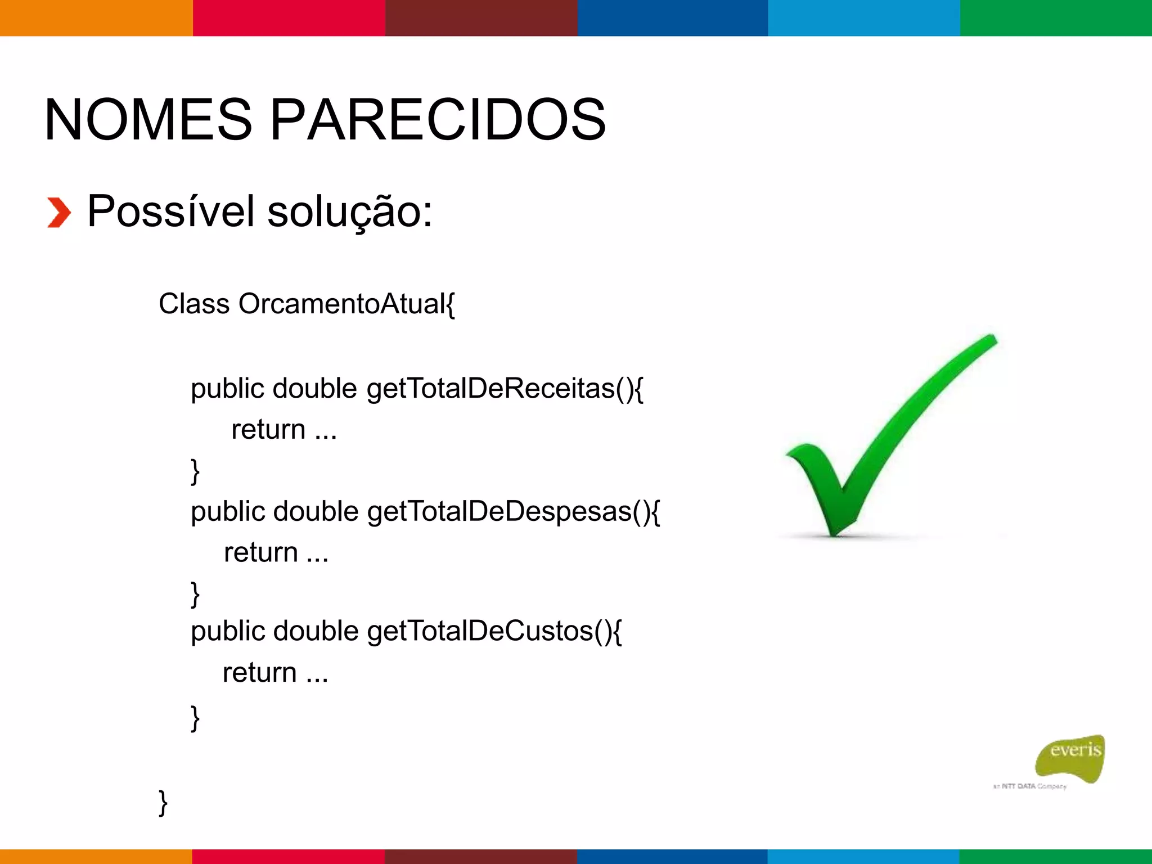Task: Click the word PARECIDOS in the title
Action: click(x=438, y=120)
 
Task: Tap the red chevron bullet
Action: click(x=58, y=213)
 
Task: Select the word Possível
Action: click(x=171, y=211)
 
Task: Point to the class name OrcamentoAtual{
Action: click(x=346, y=304)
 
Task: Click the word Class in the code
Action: click(x=194, y=304)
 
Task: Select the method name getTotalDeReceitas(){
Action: click(x=505, y=389)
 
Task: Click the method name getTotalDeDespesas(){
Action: click(x=513, y=512)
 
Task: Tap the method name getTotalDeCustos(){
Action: click(x=494, y=632)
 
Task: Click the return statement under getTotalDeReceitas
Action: click(x=284, y=430)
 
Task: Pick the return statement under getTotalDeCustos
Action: click(x=275, y=673)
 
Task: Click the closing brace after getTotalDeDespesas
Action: click(x=195, y=594)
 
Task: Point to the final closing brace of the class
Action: click(x=163, y=802)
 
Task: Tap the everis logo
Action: click(x=1072, y=757)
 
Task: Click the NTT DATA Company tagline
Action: click(x=1030, y=786)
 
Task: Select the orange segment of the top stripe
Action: click(x=96, y=17)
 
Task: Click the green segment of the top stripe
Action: click(x=1056, y=17)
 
